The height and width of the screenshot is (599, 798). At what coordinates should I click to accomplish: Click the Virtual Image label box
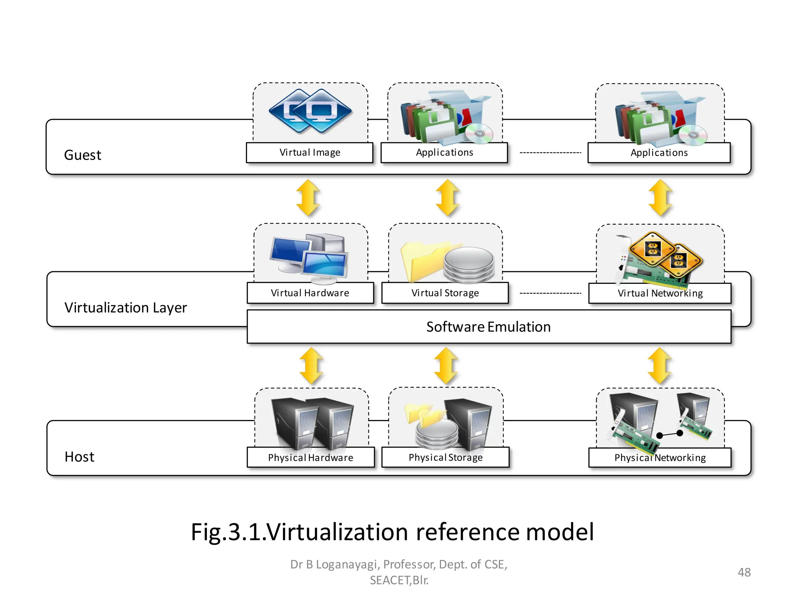[x=310, y=152]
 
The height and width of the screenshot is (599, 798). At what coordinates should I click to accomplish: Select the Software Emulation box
[x=489, y=327]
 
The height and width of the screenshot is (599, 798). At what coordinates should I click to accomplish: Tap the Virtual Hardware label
[x=310, y=293]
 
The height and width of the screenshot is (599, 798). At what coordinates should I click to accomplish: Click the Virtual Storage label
[x=445, y=293]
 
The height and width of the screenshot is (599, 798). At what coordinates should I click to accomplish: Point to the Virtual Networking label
[x=660, y=293]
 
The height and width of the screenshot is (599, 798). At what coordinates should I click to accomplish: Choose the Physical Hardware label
[x=311, y=457]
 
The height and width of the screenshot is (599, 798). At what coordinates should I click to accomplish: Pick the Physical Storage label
[x=445, y=457]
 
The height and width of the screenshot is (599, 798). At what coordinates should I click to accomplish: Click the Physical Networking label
[x=660, y=458]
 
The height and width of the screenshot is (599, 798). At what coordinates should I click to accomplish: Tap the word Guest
[x=83, y=155]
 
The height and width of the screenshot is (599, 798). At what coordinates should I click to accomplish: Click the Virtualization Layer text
[x=125, y=308]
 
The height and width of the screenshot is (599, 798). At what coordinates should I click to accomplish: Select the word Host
[x=79, y=457]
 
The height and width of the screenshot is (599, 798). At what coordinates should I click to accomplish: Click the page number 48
[x=744, y=572]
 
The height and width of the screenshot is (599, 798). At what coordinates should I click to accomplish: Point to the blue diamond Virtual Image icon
[x=310, y=111]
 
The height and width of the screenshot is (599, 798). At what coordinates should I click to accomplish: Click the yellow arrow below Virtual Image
[x=308, y=198]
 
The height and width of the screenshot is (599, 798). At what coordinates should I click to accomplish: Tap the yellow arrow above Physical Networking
[x=660, y=366]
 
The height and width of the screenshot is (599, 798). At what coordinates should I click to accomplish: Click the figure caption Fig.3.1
[x=392, y=532]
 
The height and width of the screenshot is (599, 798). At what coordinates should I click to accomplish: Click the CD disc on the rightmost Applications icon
[x=693, y=135]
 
